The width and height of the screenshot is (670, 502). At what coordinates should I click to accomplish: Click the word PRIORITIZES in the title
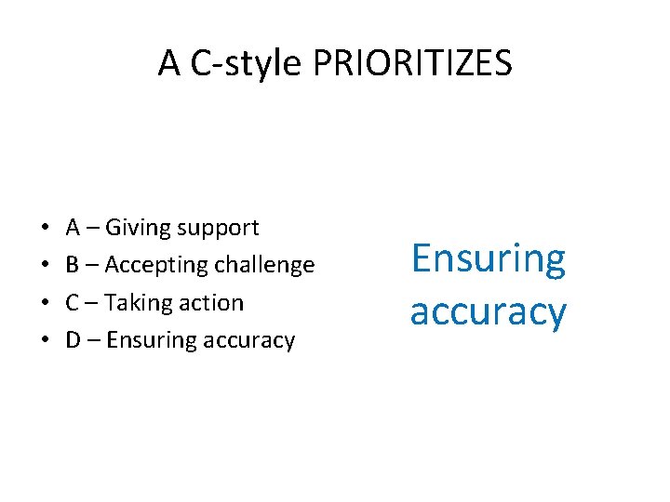[412, 63]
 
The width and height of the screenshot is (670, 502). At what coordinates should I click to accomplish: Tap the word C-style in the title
[245, 63]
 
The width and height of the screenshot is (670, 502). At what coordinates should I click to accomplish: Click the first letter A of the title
[168, 63]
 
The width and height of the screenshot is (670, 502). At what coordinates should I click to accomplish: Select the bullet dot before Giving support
[45, 228]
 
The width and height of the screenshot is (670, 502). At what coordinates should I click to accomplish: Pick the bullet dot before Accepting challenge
[45, 266]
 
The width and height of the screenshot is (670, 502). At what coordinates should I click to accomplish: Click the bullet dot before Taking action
[45, 303]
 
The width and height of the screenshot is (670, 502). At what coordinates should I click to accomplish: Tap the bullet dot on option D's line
[45, 341]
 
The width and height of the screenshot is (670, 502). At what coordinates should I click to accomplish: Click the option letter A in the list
[73, 227]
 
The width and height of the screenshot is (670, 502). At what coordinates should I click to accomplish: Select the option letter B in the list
[73, 265]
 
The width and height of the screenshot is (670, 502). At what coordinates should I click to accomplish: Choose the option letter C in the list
[73, 303]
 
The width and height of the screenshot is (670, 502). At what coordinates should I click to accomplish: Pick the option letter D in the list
[73, 341]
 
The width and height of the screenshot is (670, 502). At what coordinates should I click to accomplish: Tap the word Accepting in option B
[154, 266]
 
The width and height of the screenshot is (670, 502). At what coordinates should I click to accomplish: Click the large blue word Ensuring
[488, 260]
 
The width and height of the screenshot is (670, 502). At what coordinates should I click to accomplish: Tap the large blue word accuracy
[488, 311]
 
